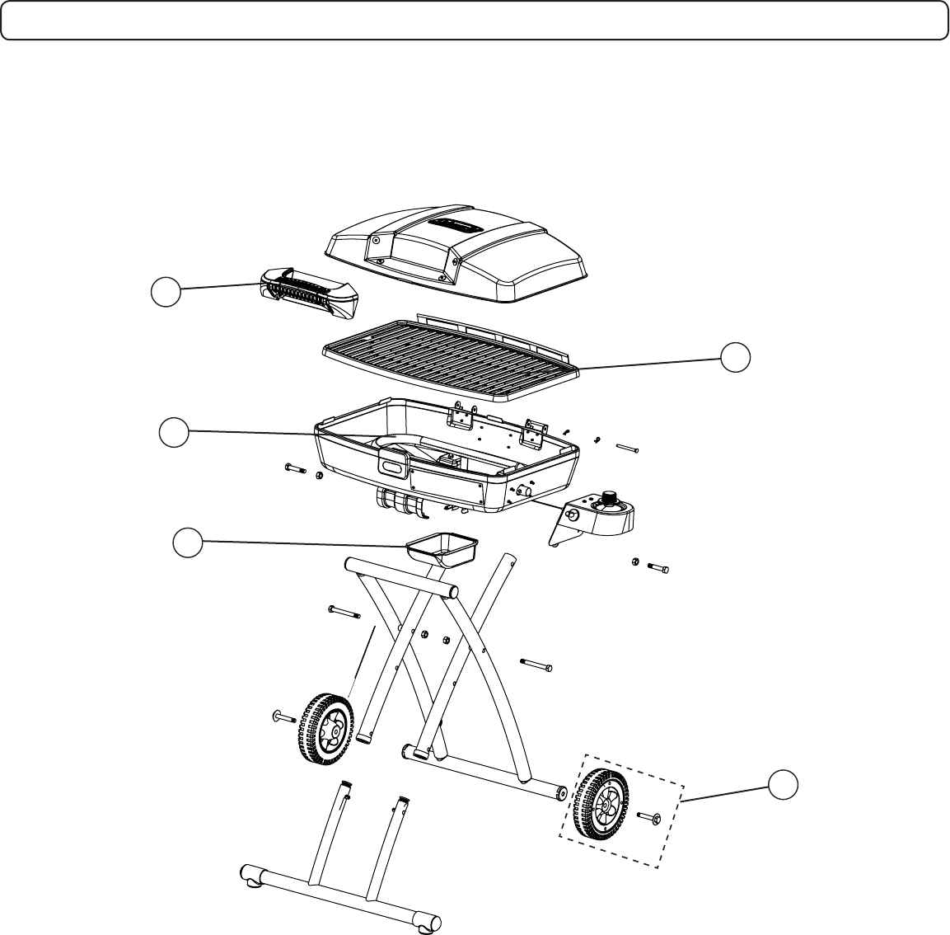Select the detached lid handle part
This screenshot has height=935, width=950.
pos(310,294)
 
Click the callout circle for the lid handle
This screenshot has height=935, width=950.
pos(166,292)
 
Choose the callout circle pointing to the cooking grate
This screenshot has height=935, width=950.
pos(736,357)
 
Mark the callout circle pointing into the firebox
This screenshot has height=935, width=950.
pos(174,434)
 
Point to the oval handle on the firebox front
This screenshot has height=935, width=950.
pos(393,467)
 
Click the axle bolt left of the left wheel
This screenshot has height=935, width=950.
pos(283,717)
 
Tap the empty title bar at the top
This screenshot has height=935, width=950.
pos(475,20)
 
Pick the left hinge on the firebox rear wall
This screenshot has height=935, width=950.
pos(460,419)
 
